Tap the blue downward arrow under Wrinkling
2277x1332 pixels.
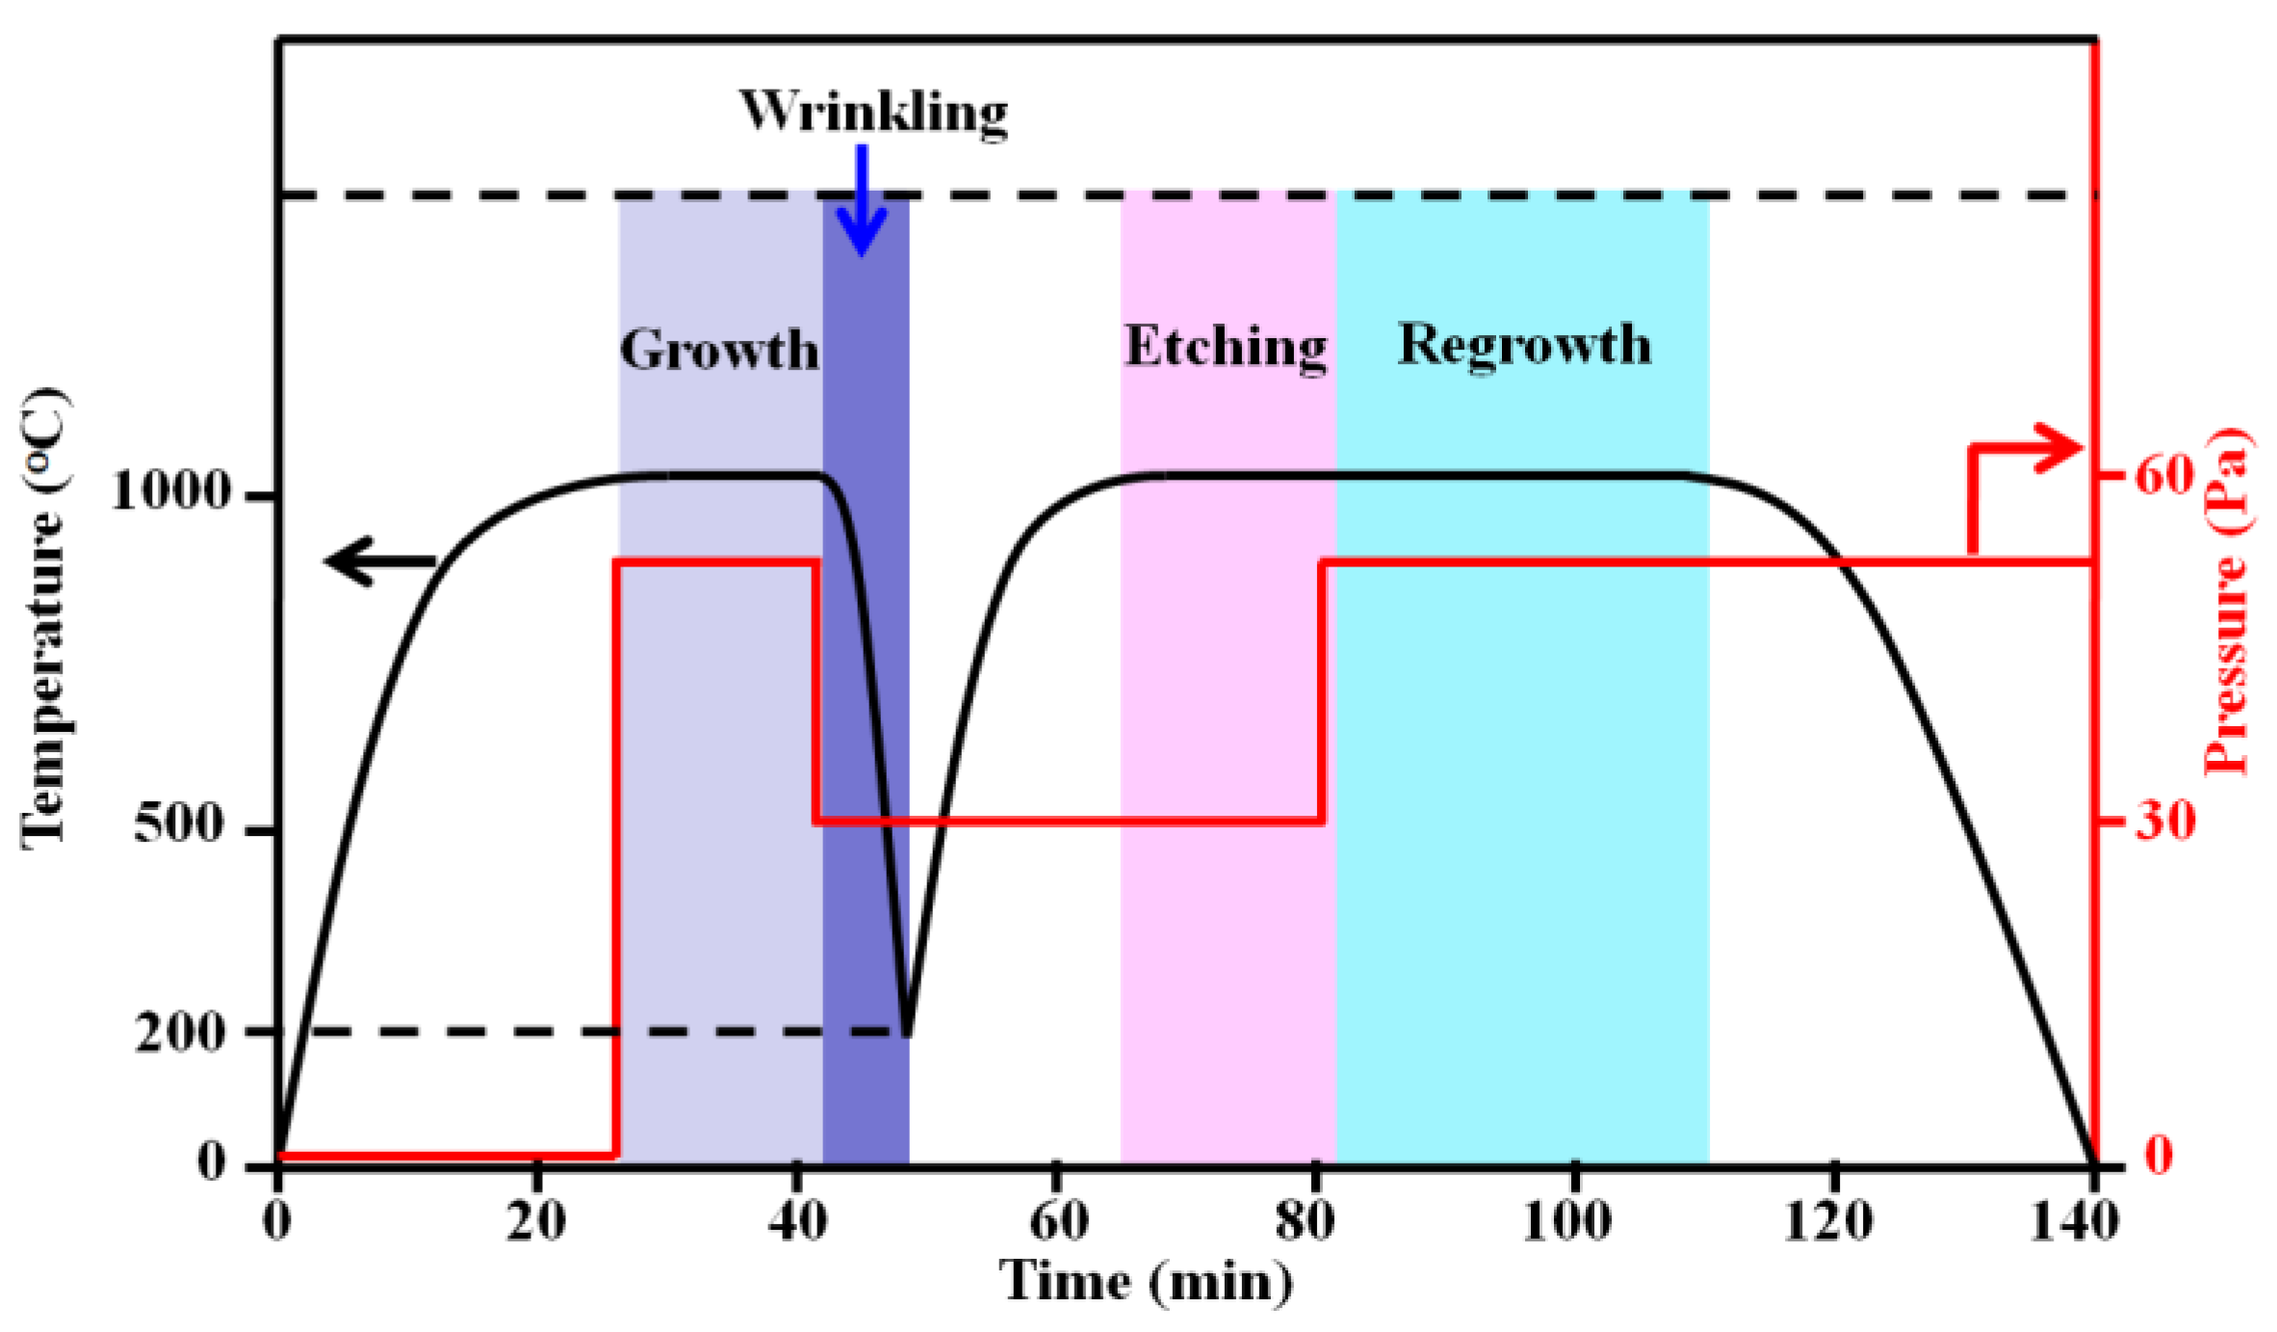861,202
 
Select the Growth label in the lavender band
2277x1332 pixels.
718,349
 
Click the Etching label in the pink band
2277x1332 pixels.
1226,346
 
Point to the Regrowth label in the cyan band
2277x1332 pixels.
1523,344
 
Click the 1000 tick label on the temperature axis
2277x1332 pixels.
170,491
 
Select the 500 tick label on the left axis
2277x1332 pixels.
181,824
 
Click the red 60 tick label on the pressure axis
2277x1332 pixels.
2163,475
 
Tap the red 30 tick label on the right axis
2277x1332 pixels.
2165,821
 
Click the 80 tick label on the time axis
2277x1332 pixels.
1305,1221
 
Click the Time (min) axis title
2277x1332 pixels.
1146,1282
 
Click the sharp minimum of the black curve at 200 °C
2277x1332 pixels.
906,1032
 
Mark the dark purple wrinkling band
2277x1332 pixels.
866,674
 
